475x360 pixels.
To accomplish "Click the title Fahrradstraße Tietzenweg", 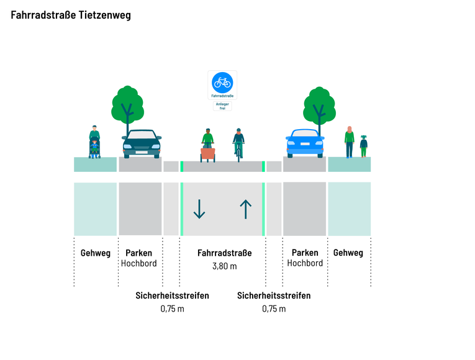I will (71, 16).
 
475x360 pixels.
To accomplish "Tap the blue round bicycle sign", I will (222, 81).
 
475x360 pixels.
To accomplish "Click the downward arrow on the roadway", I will (199, 209).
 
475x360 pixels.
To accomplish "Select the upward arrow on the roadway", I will (245, 209).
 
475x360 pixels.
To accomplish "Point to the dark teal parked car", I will (142, 143).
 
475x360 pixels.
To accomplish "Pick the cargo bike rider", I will (207, 145).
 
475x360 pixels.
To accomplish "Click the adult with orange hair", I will (350, 142).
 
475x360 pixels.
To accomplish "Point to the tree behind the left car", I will (127, 106).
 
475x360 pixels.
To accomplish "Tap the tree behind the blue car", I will (319, 106).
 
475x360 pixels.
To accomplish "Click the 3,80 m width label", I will (224, 266).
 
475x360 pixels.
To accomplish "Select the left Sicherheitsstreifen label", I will (172, 295).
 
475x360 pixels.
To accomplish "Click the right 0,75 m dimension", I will (274, 308).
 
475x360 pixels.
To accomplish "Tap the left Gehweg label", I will (96, 253).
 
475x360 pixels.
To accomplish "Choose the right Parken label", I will (305, 253).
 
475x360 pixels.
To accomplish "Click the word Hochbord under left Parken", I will (139, 263).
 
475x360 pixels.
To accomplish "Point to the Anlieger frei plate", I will (222, 106).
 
